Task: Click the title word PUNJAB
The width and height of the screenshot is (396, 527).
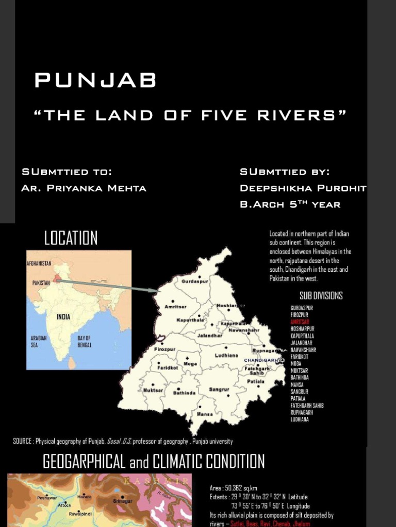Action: (x=95, y=81)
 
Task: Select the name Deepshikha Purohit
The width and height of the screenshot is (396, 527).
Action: (x=303, y=188)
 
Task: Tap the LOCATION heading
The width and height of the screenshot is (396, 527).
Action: (x=71, y=238)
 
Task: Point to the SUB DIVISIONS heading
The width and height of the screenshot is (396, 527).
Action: (x=321, y=295)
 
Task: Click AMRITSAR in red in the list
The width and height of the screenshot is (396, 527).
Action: (x=300, y=322)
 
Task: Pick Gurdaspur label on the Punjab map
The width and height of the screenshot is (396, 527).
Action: (x=194, y=282)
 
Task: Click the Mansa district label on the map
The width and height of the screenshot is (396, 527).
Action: (x=205, y=414)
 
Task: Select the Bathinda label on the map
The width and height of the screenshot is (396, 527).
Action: (x=184, y=393)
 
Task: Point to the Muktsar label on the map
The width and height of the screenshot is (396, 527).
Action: (x=153, y=390)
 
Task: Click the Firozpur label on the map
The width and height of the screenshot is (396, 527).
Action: (x=165, y=349)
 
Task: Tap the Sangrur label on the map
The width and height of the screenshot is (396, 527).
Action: (x=219, y=390)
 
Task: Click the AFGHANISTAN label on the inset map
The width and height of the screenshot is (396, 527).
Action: (x=39, y=263)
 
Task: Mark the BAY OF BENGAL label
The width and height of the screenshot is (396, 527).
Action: (x=85, y=342)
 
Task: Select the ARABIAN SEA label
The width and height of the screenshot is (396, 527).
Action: (x=39, y=342)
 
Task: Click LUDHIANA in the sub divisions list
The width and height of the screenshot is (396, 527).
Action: (x=300, y=419)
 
